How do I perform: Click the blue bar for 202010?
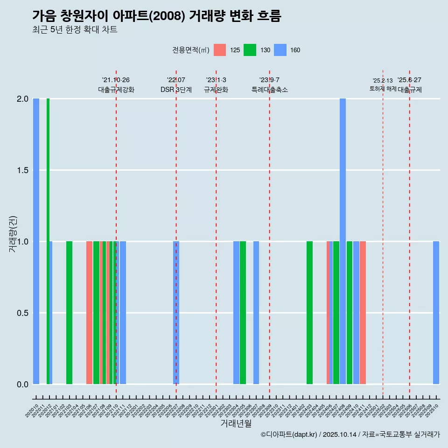coord(36,241)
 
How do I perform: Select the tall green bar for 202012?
coord(48,241)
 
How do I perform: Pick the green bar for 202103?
coord(69,313)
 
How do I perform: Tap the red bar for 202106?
coord(89,313)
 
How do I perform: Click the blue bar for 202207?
coord(176,313)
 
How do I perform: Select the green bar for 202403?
coord(309,313)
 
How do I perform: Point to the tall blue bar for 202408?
coord(343,241)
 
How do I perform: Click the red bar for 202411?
coord(363,313)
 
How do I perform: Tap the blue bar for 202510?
coord(436,313)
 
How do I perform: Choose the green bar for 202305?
coord(243,313)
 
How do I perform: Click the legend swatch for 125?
coord(220,50)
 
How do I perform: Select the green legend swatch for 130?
coord(250,50)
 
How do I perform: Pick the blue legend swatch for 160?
coord(280,50)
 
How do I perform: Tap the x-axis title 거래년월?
coord(236,424)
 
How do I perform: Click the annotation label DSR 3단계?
coord(176,90)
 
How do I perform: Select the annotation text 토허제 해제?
coord(383,89)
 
